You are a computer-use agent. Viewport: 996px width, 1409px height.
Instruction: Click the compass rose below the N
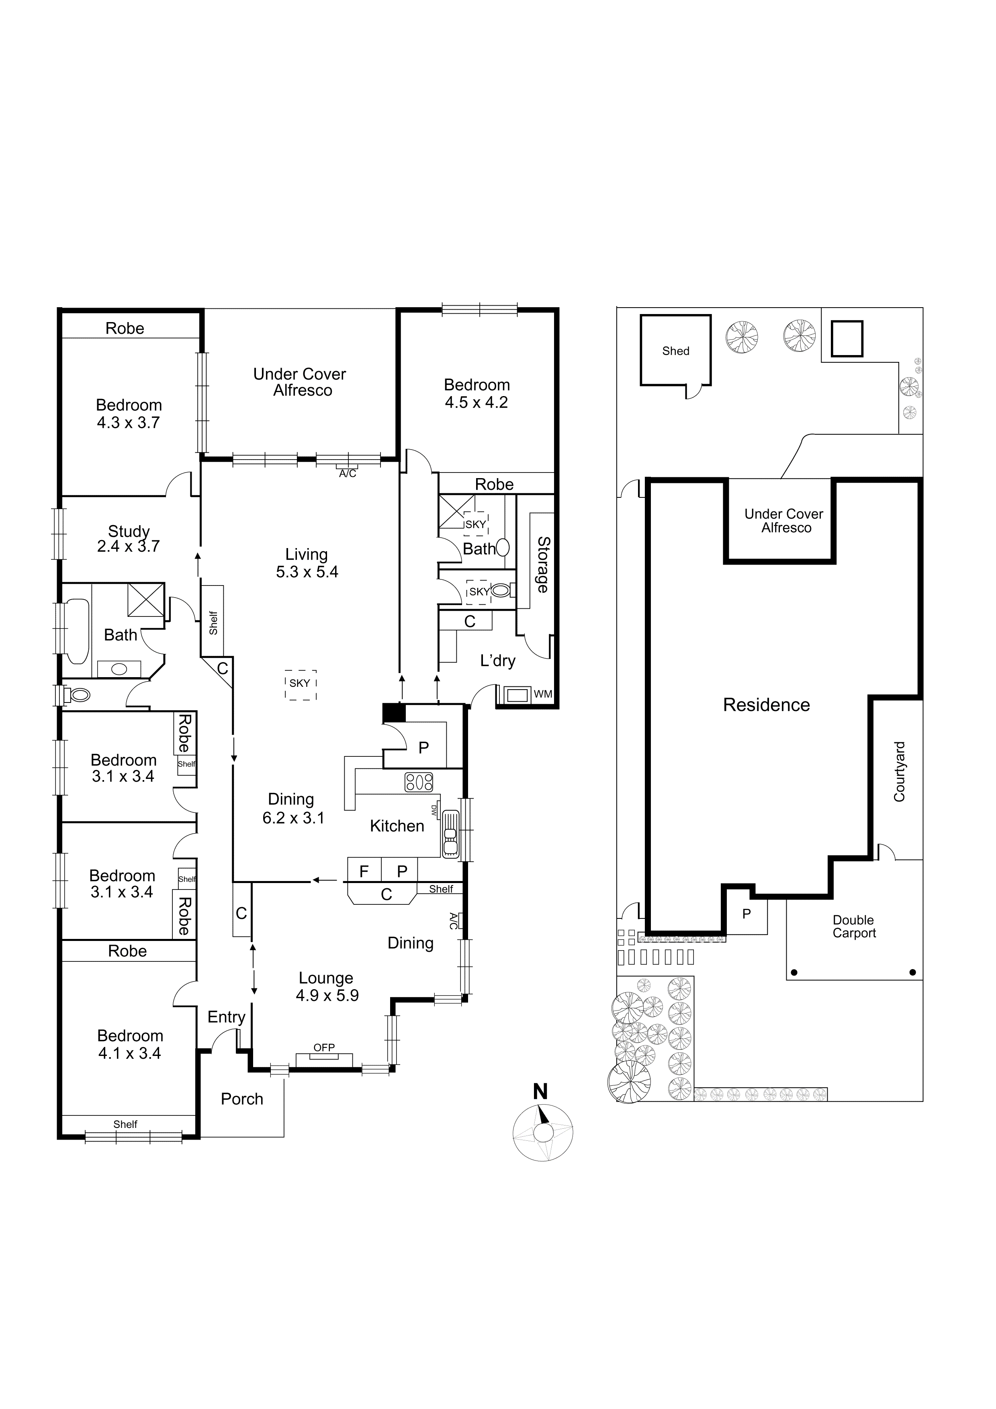click(x=543, y=1132)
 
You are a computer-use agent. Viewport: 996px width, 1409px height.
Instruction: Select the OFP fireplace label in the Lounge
click(x=324, y=1048)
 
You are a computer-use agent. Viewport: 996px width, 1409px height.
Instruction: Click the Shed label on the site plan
click(x=675, y=351)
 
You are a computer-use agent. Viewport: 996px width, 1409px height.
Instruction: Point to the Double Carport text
click(x=854, y=926)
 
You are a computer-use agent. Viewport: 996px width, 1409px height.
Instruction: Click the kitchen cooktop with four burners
click(x=419, y=782)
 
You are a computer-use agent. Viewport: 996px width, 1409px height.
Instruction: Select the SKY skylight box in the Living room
click(x=300, y=684)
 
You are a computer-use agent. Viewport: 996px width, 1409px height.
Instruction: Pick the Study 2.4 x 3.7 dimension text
click(x=128, y=546)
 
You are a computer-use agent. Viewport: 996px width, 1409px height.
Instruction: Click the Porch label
click(x=241, y=1099)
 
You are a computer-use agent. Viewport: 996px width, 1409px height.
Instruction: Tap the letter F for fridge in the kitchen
click(x=364, y=871)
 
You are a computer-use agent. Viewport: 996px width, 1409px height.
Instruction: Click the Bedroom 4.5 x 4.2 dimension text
click(x=477, y=402)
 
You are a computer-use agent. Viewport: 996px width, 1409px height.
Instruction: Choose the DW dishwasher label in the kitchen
click(x=435, y=810)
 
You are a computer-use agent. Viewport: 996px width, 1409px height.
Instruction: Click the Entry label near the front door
click(x=226, y=1017)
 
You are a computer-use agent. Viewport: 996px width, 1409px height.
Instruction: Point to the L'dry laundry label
click(x=497, y=661)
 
